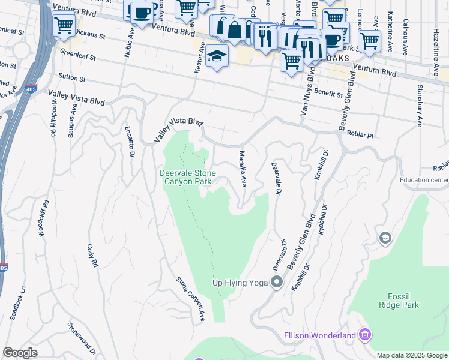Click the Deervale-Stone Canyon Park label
coord(187,178)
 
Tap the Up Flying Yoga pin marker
coord(277,282)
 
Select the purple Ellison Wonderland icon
coord(364,335)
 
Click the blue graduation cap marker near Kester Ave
coord(217,57)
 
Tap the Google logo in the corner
coord(20,353)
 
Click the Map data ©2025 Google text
coord(412,355)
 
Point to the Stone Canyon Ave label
coord(191,298)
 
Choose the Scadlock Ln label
coord(15,298)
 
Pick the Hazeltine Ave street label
coord(435,55)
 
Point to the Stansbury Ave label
coord(420,95)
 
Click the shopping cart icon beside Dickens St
coord(62,25)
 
